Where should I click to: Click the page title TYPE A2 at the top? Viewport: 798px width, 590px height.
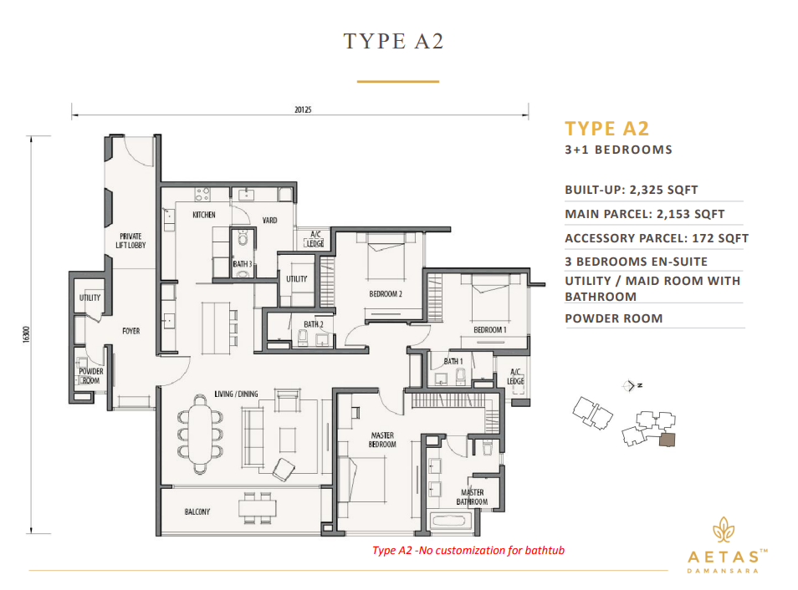point(393,41)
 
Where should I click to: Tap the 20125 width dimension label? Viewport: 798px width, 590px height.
point(304,109)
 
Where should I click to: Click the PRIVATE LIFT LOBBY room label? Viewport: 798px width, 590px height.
point(131,241)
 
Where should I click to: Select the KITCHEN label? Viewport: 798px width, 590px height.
point(204,215)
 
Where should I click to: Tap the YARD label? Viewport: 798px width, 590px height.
point(269,221)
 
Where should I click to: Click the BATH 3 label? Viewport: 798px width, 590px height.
point(243,265)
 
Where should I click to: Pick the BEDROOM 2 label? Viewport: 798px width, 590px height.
point(386,294)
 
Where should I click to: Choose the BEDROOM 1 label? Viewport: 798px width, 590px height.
point(489,330)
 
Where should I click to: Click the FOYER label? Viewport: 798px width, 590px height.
point(130,331)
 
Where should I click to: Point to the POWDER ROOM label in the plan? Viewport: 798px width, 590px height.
point(90,376)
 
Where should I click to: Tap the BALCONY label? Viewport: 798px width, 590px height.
point(197,511)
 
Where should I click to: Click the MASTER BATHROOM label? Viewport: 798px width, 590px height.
point(473,497)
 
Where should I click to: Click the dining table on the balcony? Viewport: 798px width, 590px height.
point(257,506)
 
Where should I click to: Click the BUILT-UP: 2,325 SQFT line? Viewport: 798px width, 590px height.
point(631,190)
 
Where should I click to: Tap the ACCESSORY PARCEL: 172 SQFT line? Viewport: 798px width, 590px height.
point(656,238)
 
